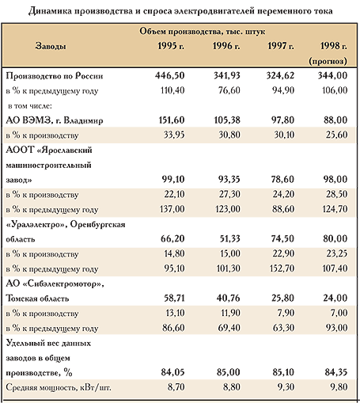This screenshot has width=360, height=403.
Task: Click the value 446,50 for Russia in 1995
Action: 170,76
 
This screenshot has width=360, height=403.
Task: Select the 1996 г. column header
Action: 226,46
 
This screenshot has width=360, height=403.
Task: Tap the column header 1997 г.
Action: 281,46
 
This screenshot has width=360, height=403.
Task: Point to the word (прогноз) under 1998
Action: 328,61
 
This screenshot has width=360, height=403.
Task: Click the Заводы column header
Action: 51,46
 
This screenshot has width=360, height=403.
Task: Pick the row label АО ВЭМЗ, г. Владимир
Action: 55,120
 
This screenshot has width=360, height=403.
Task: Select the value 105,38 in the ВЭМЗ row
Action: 227,120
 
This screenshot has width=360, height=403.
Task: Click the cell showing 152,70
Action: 282,268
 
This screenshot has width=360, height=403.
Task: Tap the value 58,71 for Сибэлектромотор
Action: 174,298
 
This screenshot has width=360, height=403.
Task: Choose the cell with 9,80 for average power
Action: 339,387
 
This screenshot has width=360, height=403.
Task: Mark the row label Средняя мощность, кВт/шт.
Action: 59,387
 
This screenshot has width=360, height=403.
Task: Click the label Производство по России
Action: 55,76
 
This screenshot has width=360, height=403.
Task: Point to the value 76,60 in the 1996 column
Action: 229,90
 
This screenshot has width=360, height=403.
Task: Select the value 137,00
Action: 172,209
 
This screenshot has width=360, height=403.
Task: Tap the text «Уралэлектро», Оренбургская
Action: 66,225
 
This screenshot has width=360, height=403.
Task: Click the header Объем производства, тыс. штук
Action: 203,31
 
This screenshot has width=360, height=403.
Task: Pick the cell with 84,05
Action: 172,372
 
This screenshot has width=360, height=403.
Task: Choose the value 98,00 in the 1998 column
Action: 335,180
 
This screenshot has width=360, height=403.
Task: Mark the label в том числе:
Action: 30,106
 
